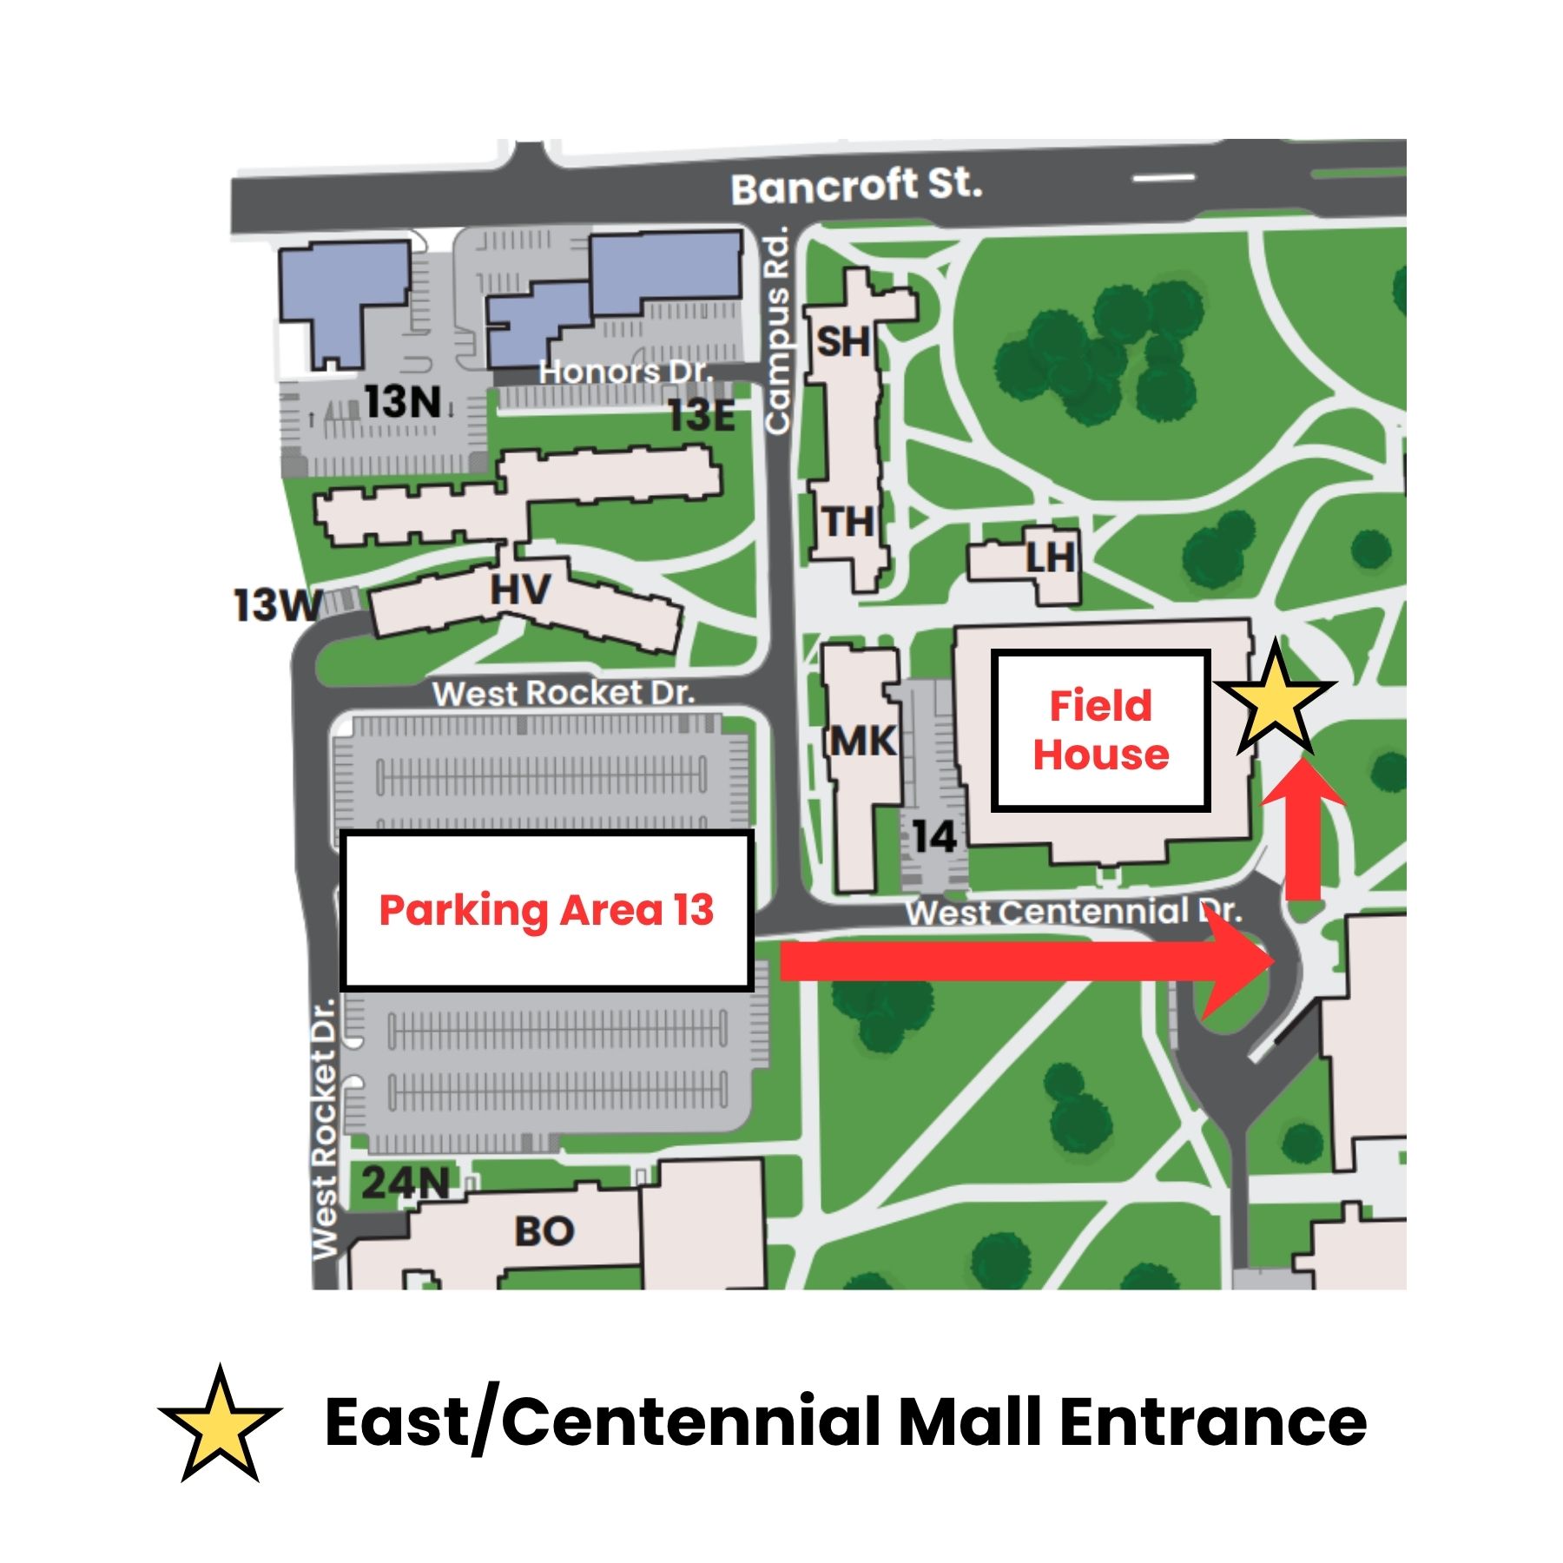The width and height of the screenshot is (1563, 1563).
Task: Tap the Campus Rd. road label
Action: tap(777, 331)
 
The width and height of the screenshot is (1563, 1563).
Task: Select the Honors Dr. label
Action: tap(624, 373)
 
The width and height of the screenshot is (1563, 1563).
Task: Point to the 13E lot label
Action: tap(702, 416)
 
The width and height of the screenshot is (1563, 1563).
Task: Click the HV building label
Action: tap(519, 590)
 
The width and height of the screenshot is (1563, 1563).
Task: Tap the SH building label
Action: tap(842, 342)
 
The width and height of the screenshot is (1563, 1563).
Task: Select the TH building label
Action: tap(847, 523)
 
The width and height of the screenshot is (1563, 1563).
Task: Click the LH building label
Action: tap(1049, 558)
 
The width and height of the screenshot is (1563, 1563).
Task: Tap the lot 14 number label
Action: tap(933, 837)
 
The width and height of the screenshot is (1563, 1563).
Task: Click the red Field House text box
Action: tap(1100, 730)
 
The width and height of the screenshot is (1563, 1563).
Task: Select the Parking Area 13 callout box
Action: tap(546, 910)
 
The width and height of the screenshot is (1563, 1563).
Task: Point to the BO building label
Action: tap(544, 1231)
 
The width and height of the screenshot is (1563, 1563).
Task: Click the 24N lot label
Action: tap(405, 1182)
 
